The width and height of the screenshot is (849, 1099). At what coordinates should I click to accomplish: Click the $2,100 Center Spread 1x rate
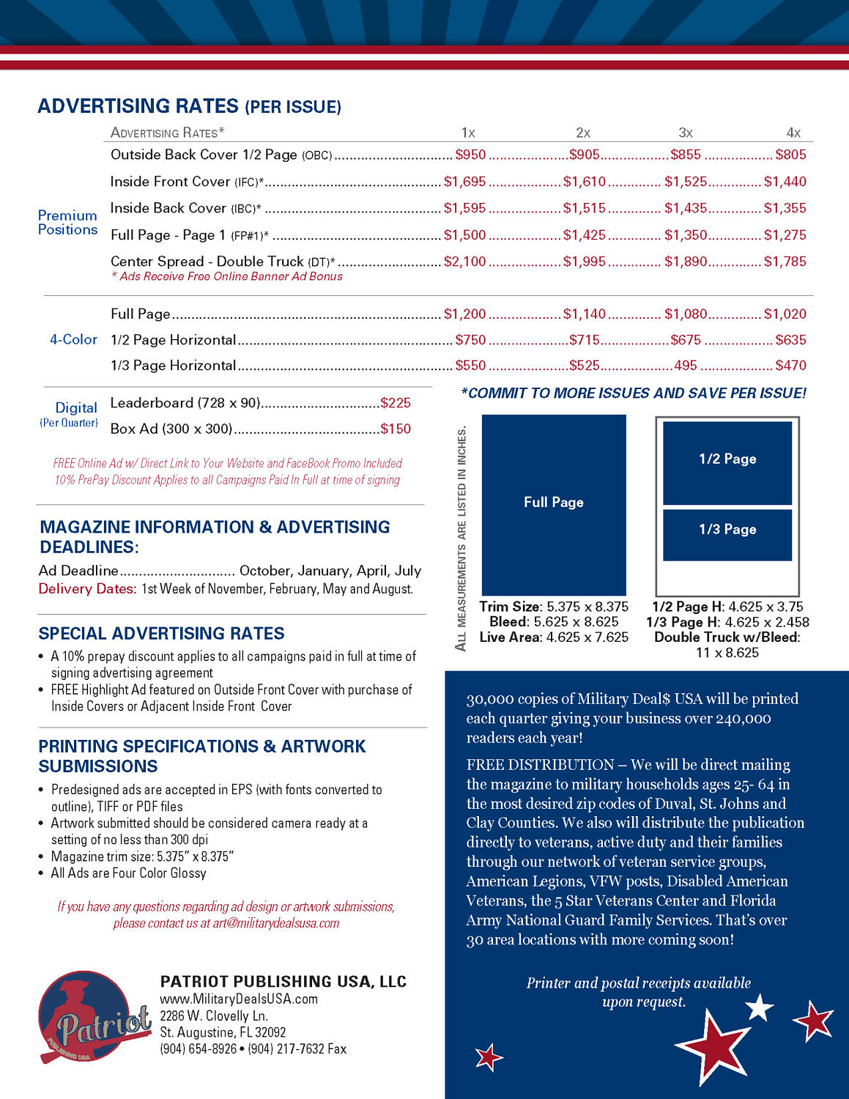pyautogui.click(x=464, y=262)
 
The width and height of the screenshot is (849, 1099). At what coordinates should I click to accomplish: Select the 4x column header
pyautogui.click(x=793, y=133)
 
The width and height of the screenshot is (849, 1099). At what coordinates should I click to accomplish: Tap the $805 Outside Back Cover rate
pyautogui.click(x=790, y=155)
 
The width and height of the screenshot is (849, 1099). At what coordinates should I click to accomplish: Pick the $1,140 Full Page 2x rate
pyautogui.click(x=584, y=314)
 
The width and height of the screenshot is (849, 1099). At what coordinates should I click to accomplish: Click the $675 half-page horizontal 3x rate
pyautogui.click(x=686, y=340)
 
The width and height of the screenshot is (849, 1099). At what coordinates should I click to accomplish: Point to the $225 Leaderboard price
pyautogui.click(x=396, y=403)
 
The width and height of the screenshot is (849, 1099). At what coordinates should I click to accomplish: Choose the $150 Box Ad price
pyautogui.click(x=396, y=429)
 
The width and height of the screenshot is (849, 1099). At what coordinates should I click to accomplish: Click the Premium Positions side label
pyautogui.click(x=67, y=222)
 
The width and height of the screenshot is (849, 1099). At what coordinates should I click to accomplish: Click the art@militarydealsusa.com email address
pyautogui.click(x=276, y=923)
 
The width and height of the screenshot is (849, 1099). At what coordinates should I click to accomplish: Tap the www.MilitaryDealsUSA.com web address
pyautogui.click(x=239, y=999)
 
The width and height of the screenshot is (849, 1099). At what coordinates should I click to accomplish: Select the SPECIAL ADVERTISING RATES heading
pyautogui.click(x=161, y=633)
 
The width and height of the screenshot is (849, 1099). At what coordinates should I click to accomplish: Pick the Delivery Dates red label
pyautogui.click(x=87, y=588)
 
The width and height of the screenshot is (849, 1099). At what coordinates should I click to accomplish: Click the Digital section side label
pyautogui.click(x=75, y=408)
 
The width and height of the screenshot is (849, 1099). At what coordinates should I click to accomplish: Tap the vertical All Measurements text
pyautogui.click(x=461, y=539)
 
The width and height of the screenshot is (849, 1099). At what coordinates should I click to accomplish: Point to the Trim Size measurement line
pyautogui.click(x=554, y=607)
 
